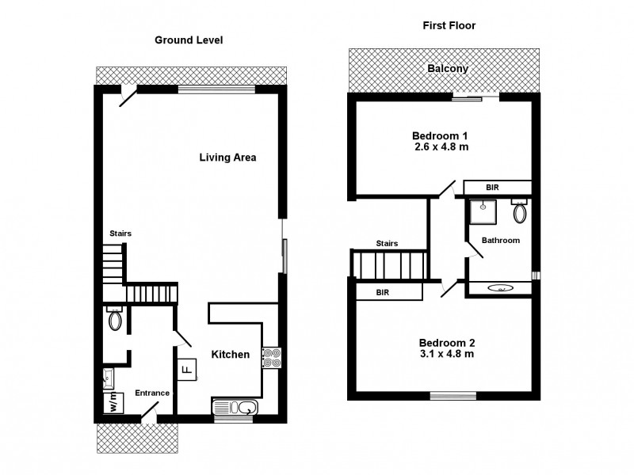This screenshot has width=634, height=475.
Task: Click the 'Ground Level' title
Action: coord(189,40)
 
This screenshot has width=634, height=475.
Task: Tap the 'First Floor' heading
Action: coord(448,25)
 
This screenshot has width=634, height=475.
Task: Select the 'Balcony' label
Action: coord(448,69)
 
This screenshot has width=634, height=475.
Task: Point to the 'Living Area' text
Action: coord(227,158)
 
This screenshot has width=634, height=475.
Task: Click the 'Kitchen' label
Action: coord(231,355)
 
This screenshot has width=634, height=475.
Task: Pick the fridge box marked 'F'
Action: coord(187,369)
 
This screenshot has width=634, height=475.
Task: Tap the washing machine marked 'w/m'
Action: coord(113,403)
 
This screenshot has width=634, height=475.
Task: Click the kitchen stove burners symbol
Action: coord(271,358)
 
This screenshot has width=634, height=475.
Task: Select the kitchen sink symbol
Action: coord(234,408)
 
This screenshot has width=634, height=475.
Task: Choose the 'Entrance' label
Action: coord(151,393)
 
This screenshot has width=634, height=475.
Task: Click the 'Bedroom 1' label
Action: coord(441,135)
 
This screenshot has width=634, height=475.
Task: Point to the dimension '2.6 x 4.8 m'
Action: coord(441,146)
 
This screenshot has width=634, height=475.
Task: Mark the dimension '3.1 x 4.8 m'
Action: coord(446,354)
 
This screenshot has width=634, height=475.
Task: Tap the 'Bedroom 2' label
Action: coord(446,343)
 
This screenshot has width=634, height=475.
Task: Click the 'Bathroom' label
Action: coord(501,240)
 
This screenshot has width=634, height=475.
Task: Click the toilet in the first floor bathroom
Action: coord(520,212)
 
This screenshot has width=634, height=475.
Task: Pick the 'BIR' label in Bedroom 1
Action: coord(493,188)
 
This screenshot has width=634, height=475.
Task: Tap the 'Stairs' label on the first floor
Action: coord(387,243)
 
